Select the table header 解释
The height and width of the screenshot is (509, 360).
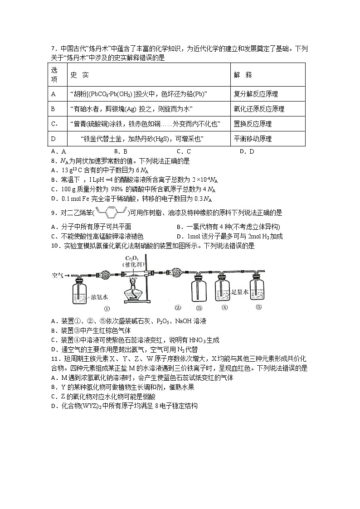[x=243, y=75]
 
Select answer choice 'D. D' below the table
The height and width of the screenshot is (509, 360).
[x=247, y=152]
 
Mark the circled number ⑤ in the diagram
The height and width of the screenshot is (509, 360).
[x=258, y=307]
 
